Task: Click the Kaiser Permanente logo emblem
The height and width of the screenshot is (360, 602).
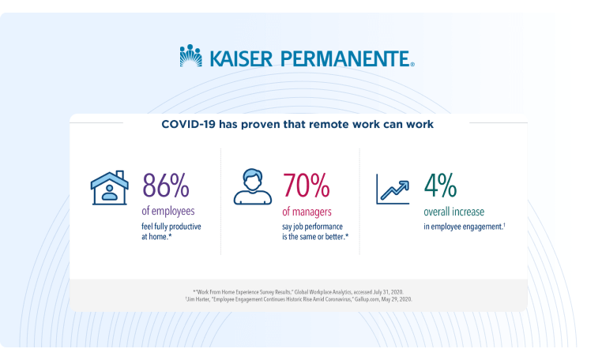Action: click(191, 55)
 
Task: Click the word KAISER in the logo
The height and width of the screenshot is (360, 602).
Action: click(241, 58)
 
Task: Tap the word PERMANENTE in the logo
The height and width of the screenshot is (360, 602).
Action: click(345, 58)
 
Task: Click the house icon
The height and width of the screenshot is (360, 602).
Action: click(110, 188)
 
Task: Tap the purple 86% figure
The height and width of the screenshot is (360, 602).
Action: click(165, 186)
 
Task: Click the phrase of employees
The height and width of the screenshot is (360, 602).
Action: click(168, 211)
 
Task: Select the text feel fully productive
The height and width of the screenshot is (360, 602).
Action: click(171, 227)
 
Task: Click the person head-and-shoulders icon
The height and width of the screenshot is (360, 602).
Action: click(253, 186)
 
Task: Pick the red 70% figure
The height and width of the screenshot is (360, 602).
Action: click(306, 186)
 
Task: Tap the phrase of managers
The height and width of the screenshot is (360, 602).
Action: click(307, 212)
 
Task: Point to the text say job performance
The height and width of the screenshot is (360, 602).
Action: click(312, 227)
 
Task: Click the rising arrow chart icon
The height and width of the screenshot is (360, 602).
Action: click(393, 189)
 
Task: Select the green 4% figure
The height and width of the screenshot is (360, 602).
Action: click(440, 186)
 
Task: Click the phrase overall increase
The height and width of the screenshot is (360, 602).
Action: click(453, 212)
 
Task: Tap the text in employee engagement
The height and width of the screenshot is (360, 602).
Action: click(465, 227)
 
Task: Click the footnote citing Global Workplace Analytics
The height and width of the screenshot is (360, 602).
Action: click(298, 292)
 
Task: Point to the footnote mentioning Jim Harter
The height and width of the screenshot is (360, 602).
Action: click(299, 299)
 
